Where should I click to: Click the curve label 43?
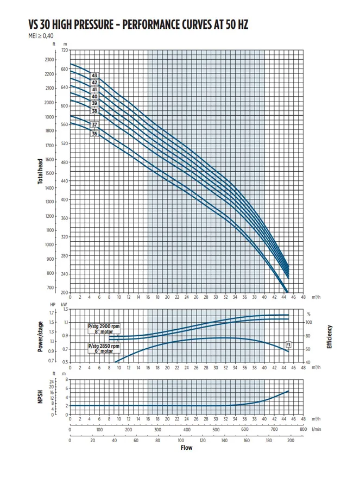coord(94,75)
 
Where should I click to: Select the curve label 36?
coord(94,134)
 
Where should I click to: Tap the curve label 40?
coord(94,97)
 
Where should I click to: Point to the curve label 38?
coord(94,111)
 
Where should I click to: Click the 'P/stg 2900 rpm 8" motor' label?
coord(103,328)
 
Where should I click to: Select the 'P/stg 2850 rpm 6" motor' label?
coord(103,348)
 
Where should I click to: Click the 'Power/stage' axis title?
coord(40,336)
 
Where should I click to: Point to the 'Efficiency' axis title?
coord(330,337)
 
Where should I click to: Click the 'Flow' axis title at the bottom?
coord(186,448)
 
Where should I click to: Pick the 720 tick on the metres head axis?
coord(65,50)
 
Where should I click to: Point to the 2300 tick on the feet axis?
coord(49,60)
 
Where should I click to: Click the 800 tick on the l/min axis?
coord(303,429)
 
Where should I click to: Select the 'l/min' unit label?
coord(317,429)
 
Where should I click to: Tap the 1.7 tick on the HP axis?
coord(52,313)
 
